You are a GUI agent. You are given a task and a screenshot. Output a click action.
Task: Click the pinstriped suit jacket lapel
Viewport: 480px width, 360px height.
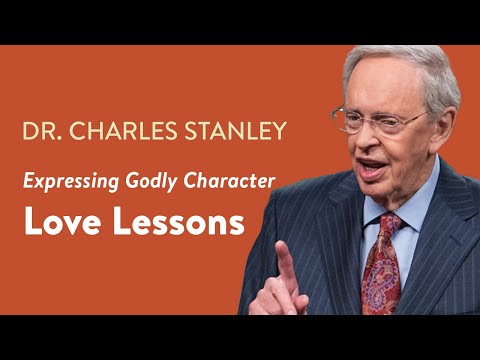coord(440,250)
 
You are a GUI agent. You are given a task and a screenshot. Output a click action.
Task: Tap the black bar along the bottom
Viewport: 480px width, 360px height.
coord(240,337)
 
